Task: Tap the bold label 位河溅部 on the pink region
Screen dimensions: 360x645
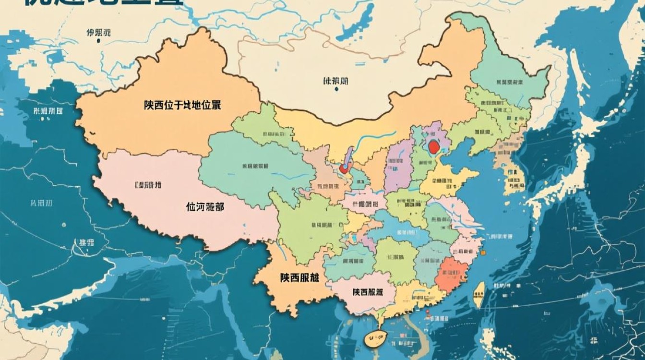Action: click(204, 207)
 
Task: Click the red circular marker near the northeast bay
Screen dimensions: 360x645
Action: click(434, 146)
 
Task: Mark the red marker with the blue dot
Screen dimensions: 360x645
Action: click(344, 168)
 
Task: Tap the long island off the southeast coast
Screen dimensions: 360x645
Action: click(478, 294)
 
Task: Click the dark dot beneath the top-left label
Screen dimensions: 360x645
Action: click(98, 41)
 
